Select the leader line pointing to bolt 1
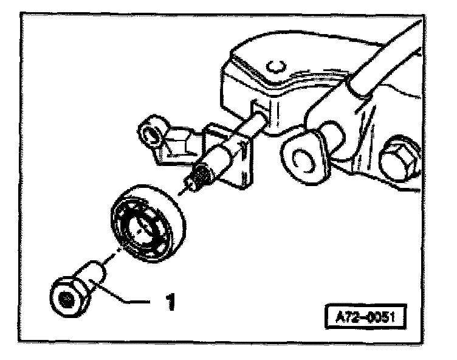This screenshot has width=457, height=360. (x=130, y=300)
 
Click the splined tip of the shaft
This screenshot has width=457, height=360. (x=198, y=177)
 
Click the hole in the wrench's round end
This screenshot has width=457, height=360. (x=302, y=159)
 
